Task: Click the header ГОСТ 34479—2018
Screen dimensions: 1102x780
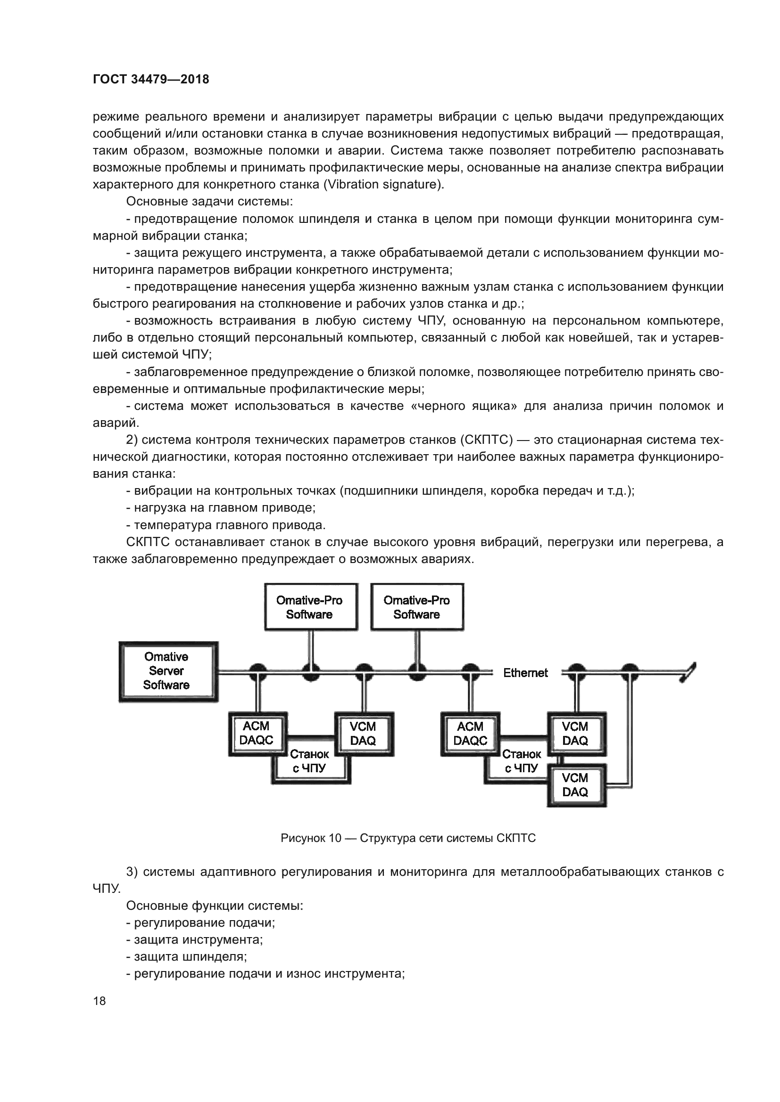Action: pyautogui.click(x=151, y=80)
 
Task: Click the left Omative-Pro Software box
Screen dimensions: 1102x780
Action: pyautogui.click(x=310, y=607)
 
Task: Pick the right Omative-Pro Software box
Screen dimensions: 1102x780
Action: pyautogui.click(x=417, y=607)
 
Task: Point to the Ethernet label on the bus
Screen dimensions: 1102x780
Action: pyautogui.click(x=525, y=673)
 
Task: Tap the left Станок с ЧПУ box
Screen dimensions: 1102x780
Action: pyautogui.click(x=310, y=762)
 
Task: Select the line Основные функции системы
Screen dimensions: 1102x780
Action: pyautogui.click(x=215, y=906)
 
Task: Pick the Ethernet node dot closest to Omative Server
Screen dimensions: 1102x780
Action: pyautogui.click(x=258, y=670)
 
